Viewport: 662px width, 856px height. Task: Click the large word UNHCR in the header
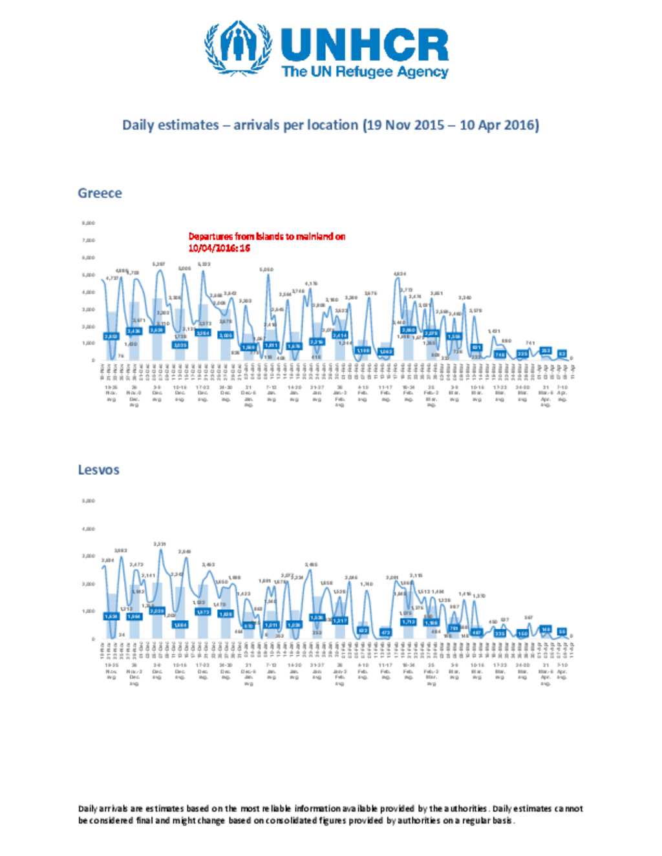tap(364, 45)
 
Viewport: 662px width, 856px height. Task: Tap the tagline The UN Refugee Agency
tap(365, 72)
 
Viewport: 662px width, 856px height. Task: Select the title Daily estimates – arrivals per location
tap(330, 125)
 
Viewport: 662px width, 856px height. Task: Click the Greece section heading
tap(100, 193)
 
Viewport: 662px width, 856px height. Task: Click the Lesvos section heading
tap(98, 470)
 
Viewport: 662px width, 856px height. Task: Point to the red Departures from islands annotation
tap(266, 242)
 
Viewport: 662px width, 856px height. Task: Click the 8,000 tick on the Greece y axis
tap(89, 223)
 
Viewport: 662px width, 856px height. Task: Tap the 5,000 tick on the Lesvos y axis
tap(89, 501)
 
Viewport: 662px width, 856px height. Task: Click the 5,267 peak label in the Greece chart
tap(158, 264)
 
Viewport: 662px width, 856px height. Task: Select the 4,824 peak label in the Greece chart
tap(400, 274)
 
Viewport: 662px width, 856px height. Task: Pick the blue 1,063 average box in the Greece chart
tap(385, 351)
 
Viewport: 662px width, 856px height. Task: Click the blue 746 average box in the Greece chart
tap(500, 355)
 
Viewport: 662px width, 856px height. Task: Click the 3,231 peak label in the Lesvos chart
tap(160, 544)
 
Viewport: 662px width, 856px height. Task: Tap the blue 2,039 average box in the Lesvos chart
tap(157, 611)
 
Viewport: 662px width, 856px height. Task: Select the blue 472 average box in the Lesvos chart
tap(385, 632)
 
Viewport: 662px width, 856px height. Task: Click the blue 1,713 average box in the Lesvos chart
tap(408, 621)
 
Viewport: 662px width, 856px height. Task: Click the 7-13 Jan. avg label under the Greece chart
tap(272, 393)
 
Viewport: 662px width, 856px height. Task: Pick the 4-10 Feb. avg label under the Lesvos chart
tap(363, 671)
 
